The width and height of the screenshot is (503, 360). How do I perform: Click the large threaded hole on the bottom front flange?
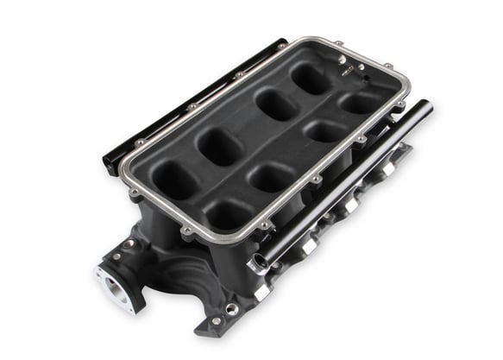click(x=232, y=308)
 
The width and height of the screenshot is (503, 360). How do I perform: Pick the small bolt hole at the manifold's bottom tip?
click(x=213, y=320)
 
